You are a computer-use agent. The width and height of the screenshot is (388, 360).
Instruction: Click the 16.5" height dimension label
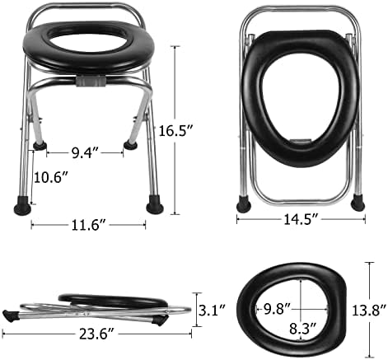199,130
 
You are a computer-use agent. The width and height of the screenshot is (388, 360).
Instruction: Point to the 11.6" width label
88,224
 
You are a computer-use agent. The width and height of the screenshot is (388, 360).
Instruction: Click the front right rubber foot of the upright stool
152,201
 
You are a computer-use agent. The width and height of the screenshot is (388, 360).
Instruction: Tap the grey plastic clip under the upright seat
91,83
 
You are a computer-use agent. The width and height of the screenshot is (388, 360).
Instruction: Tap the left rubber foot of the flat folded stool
12,315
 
